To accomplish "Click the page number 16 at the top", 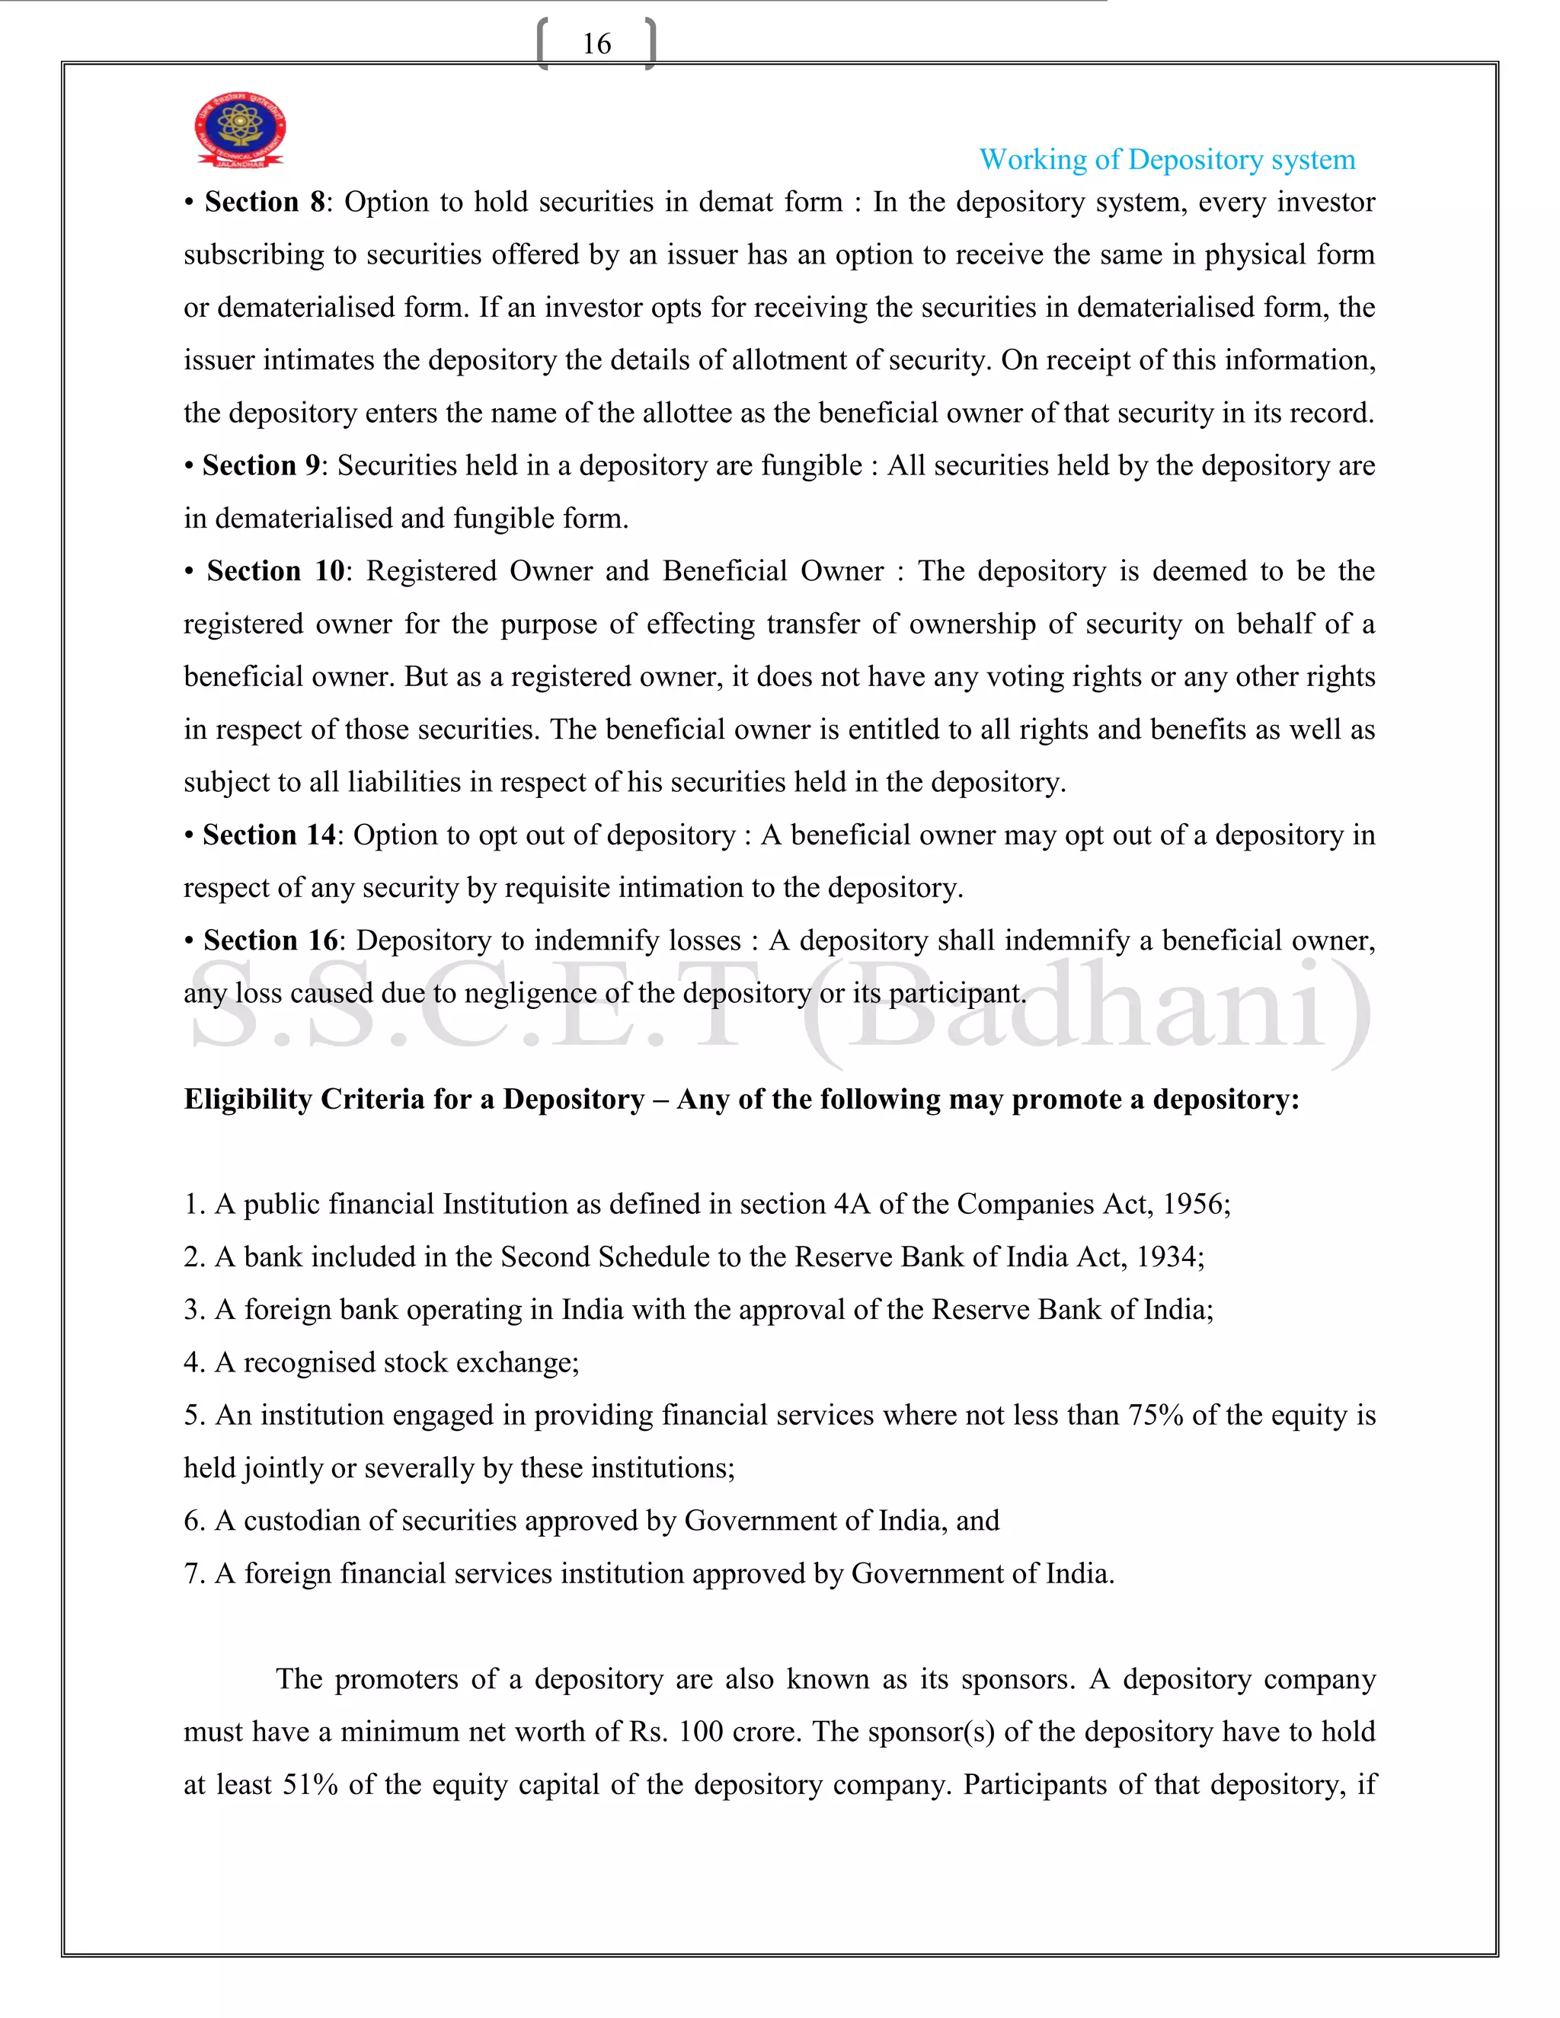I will click(x=596, y=43).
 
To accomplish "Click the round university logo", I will click(x=240, y=129).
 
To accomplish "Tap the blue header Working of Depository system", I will click(x=1166, y=160).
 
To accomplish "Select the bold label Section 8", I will click(x=264, y=203).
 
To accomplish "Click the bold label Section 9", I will click(x=261, y=466).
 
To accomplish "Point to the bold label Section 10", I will click(x=276, y=571).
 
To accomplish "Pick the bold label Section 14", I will click(x=269, y=835).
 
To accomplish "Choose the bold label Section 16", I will click(x=270, y=940).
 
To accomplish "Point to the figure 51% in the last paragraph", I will click(x=309, y=1784).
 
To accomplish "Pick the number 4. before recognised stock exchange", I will click(x=194, y=1363).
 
